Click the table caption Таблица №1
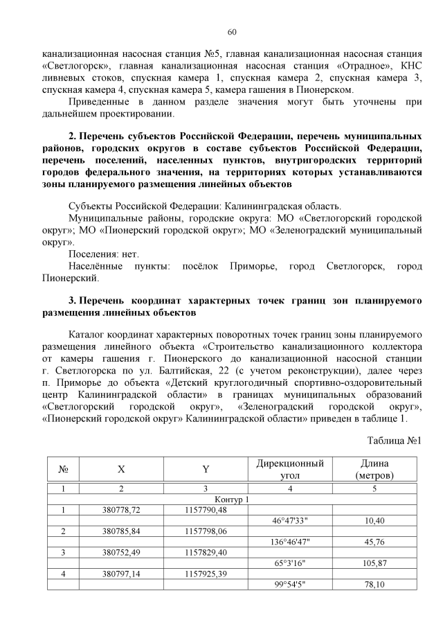(394, 441)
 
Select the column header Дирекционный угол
(289, 469)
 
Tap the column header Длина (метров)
(374, 469)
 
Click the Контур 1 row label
(232, 500)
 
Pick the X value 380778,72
(121, 510)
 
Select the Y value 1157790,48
(206, 510)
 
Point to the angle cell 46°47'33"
(289, 520)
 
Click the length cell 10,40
(374, 520)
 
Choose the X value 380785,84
(121, 531)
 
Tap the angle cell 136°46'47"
(289, 542)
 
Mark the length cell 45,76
(374, 542)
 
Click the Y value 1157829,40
(206, 552)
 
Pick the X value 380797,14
(121, 574)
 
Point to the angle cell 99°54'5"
(289, 585)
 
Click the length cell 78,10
(374, 585)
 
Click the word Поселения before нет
(94, 255)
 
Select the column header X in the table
(121, 469)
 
